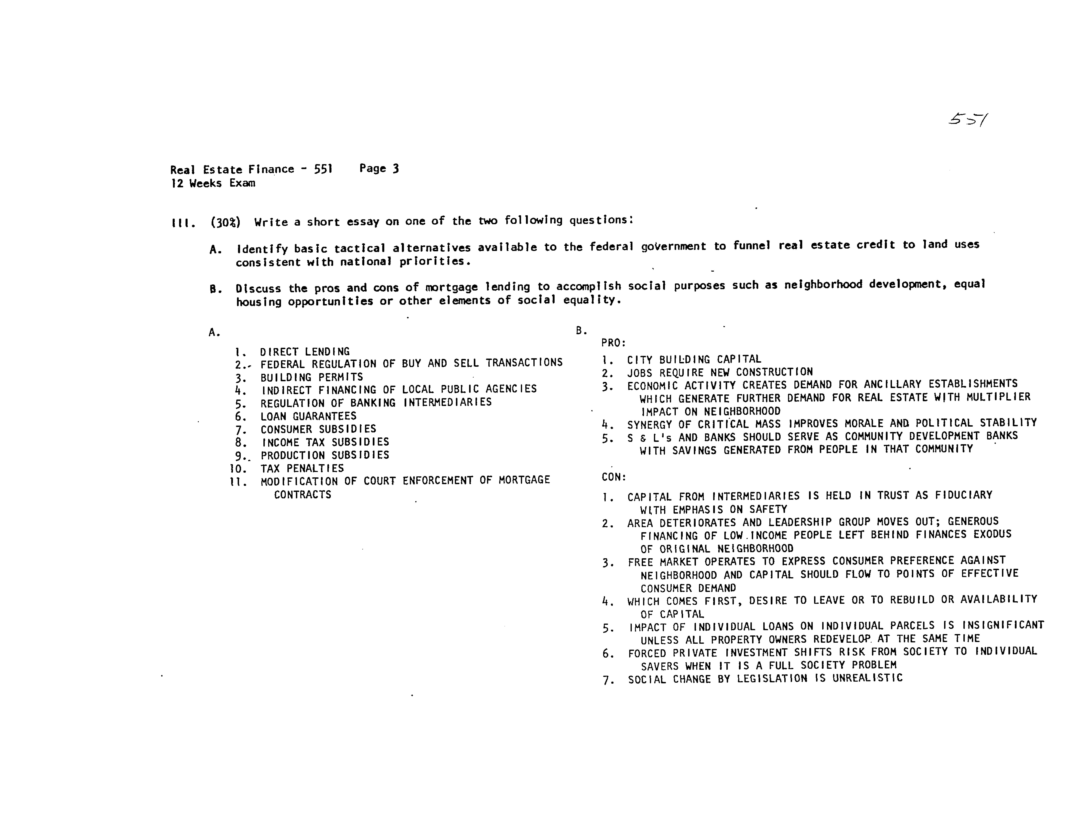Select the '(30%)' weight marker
point(225,222)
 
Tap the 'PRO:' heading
point(613,343)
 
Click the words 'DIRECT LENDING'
point(305,351)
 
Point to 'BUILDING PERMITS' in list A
point(312,377)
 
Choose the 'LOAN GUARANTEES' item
point(308,416)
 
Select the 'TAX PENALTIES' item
point(302,469)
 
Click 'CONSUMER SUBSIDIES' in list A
point(318,429)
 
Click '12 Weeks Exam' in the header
point(213,183)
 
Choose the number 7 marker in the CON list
point(608,680)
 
